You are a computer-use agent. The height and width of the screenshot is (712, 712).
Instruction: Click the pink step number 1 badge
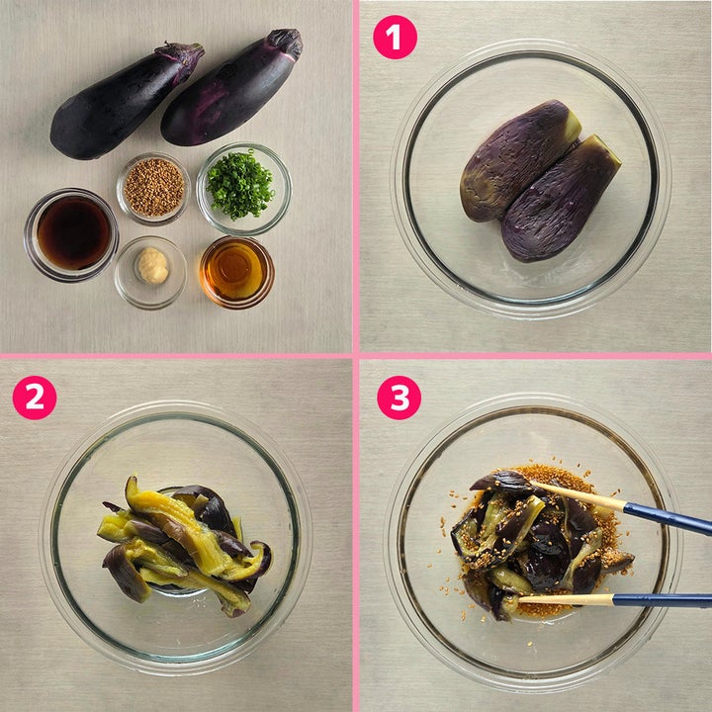pyautogui.click(x=395, y=38)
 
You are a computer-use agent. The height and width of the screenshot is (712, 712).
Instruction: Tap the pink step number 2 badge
pyautogui.click(x=35, y=398)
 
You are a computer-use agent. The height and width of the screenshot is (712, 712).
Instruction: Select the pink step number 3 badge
pyautogui.click(x=400, y=398)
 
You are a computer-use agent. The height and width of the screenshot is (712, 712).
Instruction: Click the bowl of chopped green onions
pyautogui.click(x=244, y=189)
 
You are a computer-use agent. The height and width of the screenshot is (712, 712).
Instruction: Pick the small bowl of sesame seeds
pyautogui.click(x=153, y=188)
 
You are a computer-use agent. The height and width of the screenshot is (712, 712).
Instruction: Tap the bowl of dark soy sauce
pyautogui.click(x=72, y=234)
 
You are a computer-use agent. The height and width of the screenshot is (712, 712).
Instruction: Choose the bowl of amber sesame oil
pyautogui.click(x=236, y=272)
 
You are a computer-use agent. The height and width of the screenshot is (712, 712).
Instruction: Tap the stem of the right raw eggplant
pyautogui.click(x=285, y=44)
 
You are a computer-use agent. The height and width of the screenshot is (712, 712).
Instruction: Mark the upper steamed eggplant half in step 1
pyautogui.click(x=517, y=160)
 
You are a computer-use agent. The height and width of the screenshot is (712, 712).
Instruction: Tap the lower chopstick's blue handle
pyautogui.click(x=662, y=601)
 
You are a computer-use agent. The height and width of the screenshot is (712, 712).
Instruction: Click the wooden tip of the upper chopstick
pyautogui.click(x=578, y=495)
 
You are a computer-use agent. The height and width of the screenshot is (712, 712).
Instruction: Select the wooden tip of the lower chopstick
pyautogui.click(x=566, y=600)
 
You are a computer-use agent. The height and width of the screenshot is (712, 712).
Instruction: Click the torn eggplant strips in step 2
pyautogui.click(x=184, y=545)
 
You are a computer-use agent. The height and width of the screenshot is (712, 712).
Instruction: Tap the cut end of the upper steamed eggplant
pyautogui.click(x=573, y=125)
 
